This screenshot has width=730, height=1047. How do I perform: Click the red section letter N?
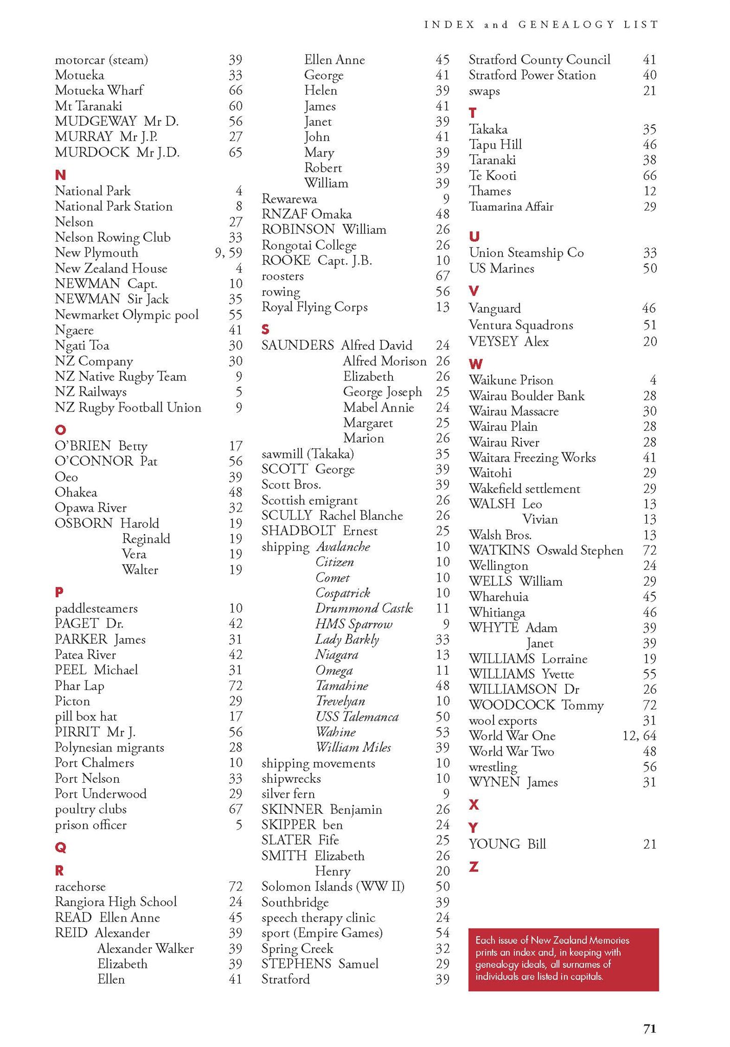[60, 175]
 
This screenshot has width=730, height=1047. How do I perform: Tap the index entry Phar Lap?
[79, 686]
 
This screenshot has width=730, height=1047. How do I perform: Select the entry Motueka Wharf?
[99, 90]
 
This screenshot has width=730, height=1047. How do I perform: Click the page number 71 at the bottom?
[649, 1029]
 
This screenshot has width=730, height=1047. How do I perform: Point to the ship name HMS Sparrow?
[353, 624]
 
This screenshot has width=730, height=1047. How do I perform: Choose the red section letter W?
[475, 364]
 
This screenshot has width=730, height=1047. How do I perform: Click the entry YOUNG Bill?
[507, 844]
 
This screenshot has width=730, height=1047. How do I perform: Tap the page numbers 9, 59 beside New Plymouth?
[228, 253]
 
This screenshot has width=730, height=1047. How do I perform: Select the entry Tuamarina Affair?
[511, 207]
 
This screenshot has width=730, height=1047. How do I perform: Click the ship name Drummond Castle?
[364, 608]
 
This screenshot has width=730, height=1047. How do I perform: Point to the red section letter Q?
[60, 848]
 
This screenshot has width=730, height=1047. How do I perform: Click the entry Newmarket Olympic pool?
[126, 314]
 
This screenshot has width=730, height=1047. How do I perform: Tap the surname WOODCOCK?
[511, 705]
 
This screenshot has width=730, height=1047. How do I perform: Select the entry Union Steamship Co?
[526, 253]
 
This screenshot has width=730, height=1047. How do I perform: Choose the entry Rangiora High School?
[116, 901]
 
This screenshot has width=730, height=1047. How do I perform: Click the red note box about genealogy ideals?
[563, 959]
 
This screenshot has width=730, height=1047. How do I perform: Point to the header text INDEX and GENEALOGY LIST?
[541, 25]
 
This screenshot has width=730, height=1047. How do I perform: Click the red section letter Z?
[474, 867]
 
